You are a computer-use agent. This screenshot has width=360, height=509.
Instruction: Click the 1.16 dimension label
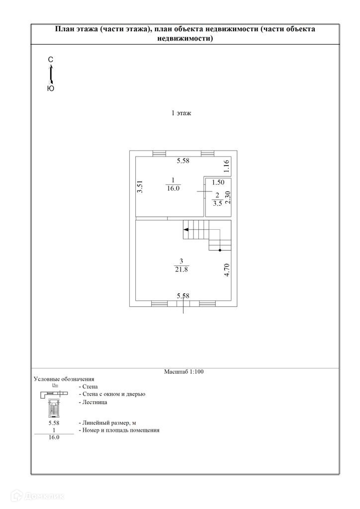tap(226, 166)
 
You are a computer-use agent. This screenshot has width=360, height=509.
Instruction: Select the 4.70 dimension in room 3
tap(227, 270)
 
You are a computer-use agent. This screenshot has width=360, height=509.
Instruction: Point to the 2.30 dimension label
tap(227, 198)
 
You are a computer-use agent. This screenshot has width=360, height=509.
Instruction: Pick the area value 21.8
tap(181, 269)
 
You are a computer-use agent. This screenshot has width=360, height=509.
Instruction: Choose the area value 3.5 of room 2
tap(216, 203)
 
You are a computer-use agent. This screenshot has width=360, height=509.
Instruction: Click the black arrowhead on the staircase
tap(185, 230)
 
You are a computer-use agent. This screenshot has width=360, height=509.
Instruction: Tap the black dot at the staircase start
tap(220, 251)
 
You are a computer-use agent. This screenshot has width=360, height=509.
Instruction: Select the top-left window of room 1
tap(159, 153)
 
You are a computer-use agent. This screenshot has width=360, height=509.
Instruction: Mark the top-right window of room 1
tap(207, 153)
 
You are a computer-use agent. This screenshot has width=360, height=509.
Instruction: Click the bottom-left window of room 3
tap(159, 303)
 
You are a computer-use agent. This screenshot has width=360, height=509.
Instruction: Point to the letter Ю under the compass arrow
tap(51, 88)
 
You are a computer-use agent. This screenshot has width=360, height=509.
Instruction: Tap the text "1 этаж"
tap(181, 113)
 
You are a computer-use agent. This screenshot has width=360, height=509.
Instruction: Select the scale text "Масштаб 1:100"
tap(184, 371)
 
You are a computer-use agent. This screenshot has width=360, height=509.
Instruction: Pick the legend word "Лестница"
tap(92, 402)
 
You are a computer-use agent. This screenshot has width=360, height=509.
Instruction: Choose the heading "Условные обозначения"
tap(64, 379)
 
